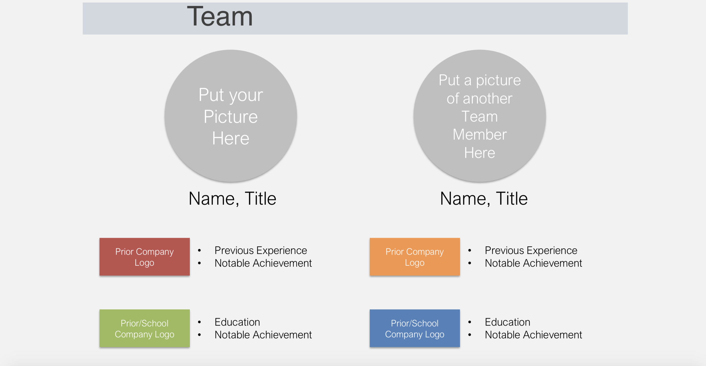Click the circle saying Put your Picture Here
click(x=231, y=116)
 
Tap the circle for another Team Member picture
click(x=480, y=116)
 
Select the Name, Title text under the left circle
click(x=232, y=199)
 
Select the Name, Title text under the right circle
click(x=484, y=199)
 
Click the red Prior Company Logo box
click(x=145, y=257)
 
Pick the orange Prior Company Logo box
click(x=415, y=257)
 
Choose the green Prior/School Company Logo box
click(x=145, y=328)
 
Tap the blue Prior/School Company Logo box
click(x=415, y=328)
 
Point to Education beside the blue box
click(x=507, y=322)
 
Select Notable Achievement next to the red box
click(x=263, y=263)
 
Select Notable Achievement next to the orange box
click(x=533, y=263)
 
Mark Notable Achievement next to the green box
click(x=263, y=335)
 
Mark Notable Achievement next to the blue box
click(x=533, y=335)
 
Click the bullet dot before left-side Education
click(x=199, y=322)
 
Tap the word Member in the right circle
click(x=480, y=134)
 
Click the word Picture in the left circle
click(x=231, y=117)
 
